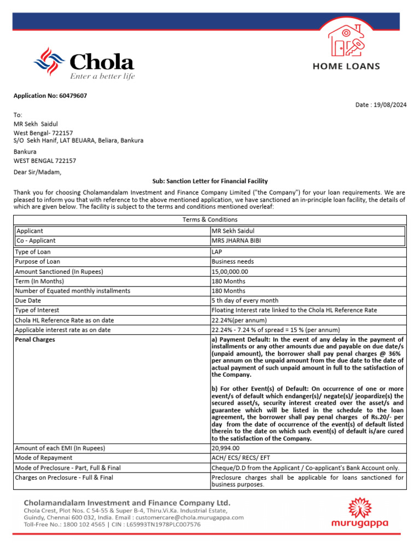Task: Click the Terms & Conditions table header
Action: pos(209,219)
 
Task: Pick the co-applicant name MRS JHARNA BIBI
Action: pos(236,241)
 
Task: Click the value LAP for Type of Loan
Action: pos(217,252)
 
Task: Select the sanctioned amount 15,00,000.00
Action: pos(230,272)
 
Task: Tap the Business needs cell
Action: pos(232,262)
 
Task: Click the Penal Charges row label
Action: pos(35,340)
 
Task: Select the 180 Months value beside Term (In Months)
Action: pos(228,281)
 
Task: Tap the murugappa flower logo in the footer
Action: pos(360,507)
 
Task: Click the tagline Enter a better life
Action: pos(102,77)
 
